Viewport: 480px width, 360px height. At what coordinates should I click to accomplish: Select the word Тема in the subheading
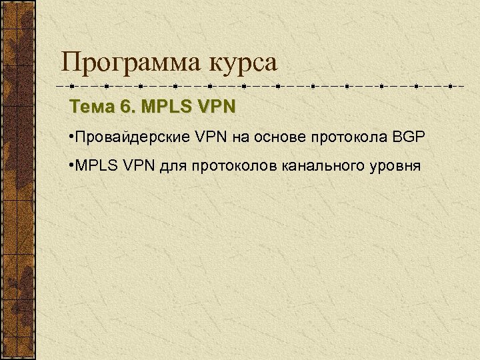[89, 107]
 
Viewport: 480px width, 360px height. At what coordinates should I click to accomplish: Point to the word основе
[273, 137]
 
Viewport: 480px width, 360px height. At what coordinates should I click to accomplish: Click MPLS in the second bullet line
[96, 164]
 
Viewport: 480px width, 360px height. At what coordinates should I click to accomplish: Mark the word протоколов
[225, 165]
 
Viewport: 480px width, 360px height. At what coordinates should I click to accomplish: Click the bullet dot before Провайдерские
[71, 137]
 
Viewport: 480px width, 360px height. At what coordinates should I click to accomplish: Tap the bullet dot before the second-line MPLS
[71, 164]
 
